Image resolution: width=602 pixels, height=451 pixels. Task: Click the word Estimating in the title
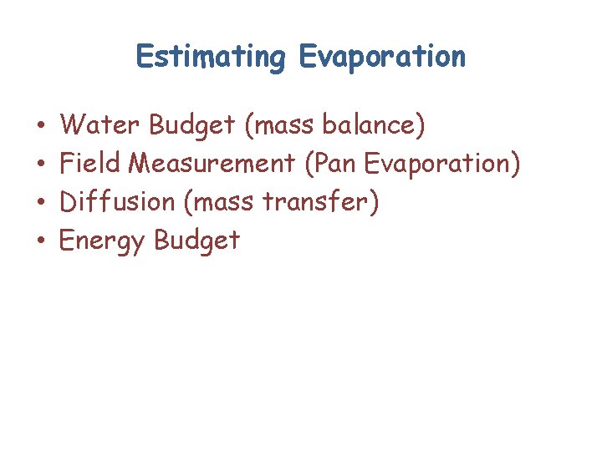coord(210,58)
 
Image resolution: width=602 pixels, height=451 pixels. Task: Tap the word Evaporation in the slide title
coord(380,58)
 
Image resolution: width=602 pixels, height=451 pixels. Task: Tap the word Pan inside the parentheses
coord(336,163)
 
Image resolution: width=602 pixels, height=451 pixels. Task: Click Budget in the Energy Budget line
coord(197,241)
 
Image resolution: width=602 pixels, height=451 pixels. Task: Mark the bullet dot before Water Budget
coord(41,127)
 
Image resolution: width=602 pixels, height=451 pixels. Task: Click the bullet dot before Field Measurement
coord(41,165)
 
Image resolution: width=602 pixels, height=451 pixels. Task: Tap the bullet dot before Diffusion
coord(41,203)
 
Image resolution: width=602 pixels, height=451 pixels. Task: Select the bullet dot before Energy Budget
coord(41,241)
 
